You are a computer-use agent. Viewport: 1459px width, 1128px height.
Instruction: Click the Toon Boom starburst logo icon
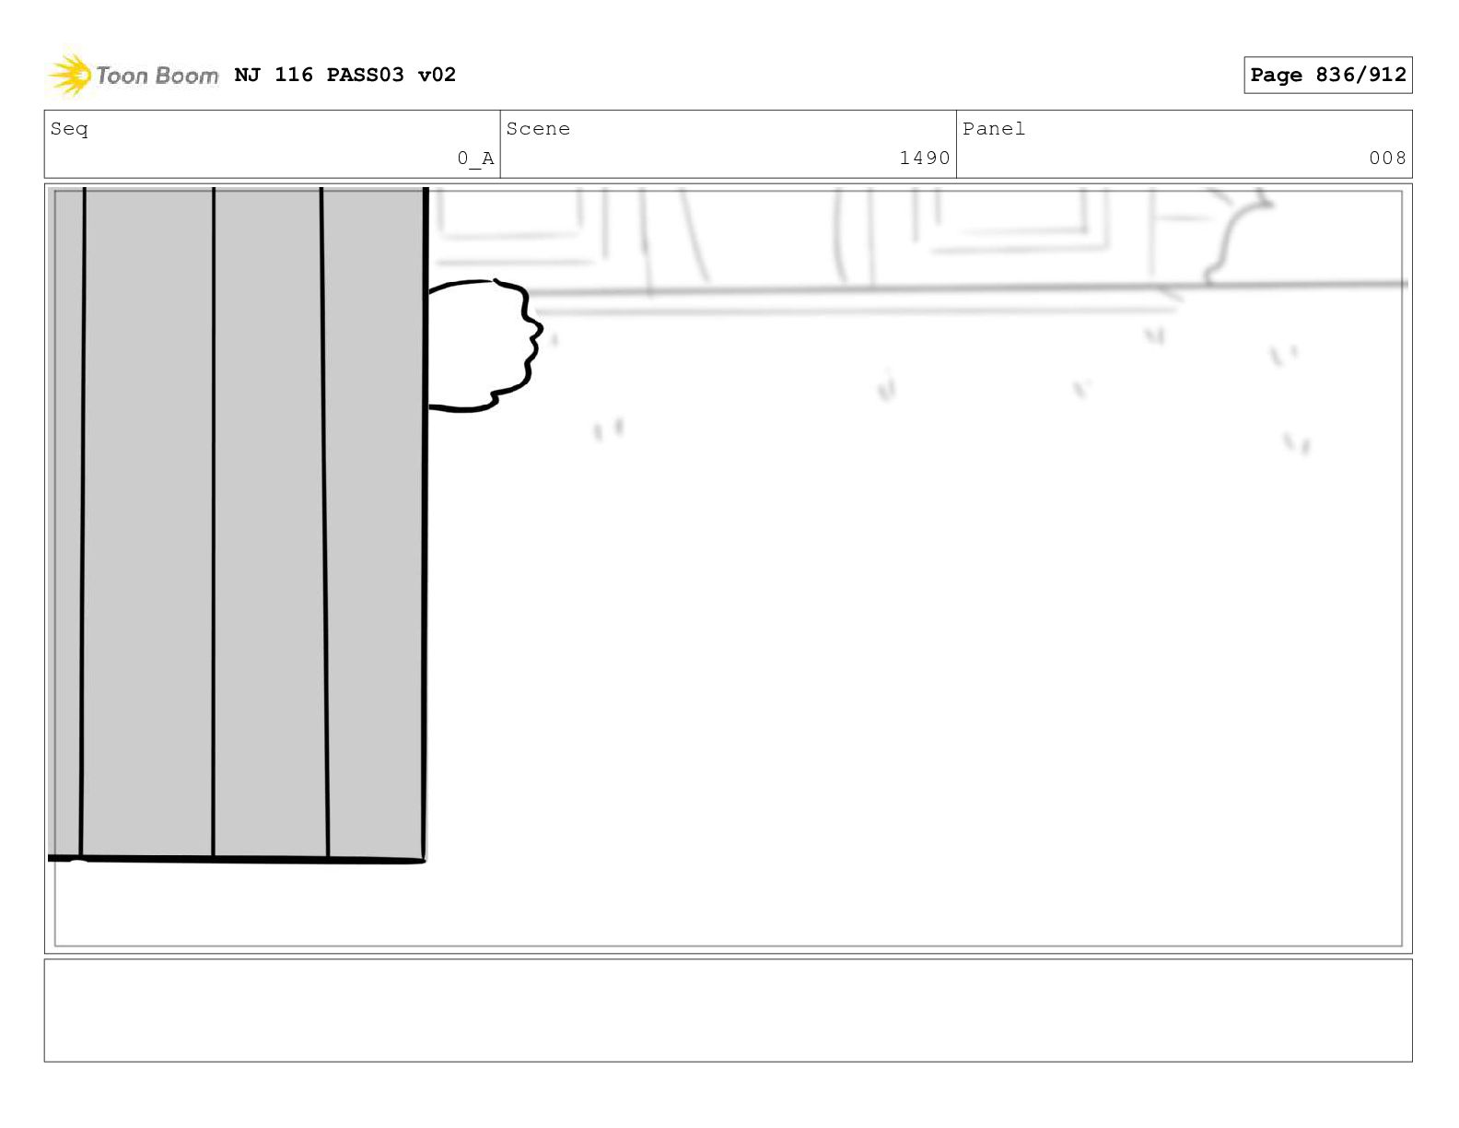(68, 74)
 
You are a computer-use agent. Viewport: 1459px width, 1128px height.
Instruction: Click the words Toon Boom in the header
(157, 76)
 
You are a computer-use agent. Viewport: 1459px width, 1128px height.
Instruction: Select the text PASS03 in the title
(365, 75)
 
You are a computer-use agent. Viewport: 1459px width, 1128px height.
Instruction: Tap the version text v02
(437, 75)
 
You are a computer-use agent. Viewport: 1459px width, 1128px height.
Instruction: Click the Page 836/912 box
(1327, 75)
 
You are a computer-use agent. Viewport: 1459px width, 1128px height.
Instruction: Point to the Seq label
(69, 129)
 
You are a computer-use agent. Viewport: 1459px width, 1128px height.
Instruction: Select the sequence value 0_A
(475, 159)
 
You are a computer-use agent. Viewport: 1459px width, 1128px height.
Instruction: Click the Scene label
(538, 128)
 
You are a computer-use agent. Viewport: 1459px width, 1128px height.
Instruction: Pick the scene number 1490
(925, 158)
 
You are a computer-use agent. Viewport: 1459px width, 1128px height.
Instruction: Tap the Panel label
(994, 128)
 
